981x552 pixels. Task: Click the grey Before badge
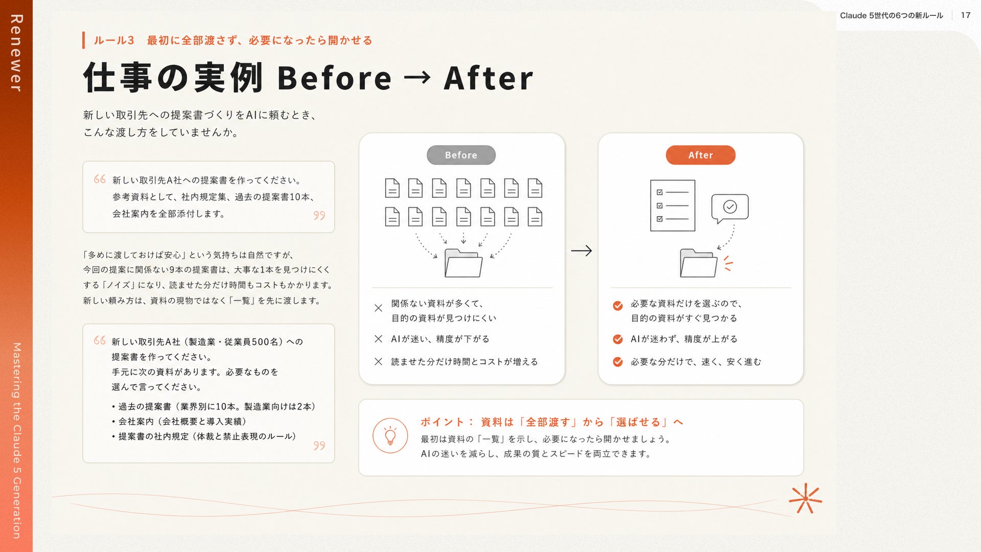461,155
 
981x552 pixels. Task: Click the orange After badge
700,155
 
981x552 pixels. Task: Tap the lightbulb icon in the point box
390,436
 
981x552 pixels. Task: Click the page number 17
965,15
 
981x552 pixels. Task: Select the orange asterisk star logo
805,498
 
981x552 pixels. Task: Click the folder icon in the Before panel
463,263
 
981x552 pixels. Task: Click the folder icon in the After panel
698,263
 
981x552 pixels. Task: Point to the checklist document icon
672,205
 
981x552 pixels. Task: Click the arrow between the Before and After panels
581,250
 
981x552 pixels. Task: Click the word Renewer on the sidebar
16,53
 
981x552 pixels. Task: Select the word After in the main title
488,78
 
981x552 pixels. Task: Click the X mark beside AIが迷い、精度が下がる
378,339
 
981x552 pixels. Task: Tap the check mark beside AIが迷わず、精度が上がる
618,339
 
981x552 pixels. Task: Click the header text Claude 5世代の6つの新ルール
892,15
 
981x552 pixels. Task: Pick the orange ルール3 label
114,40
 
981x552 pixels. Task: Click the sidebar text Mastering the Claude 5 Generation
17,441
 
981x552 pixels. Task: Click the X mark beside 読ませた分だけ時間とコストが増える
378,362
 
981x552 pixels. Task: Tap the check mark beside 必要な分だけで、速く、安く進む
618,362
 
